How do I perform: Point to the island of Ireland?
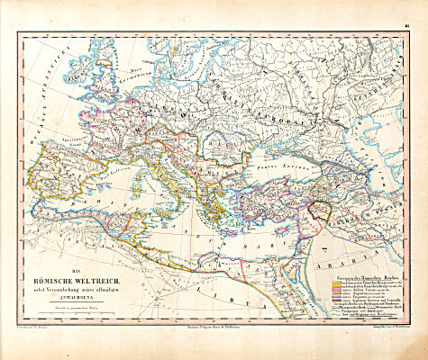(87, 74)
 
